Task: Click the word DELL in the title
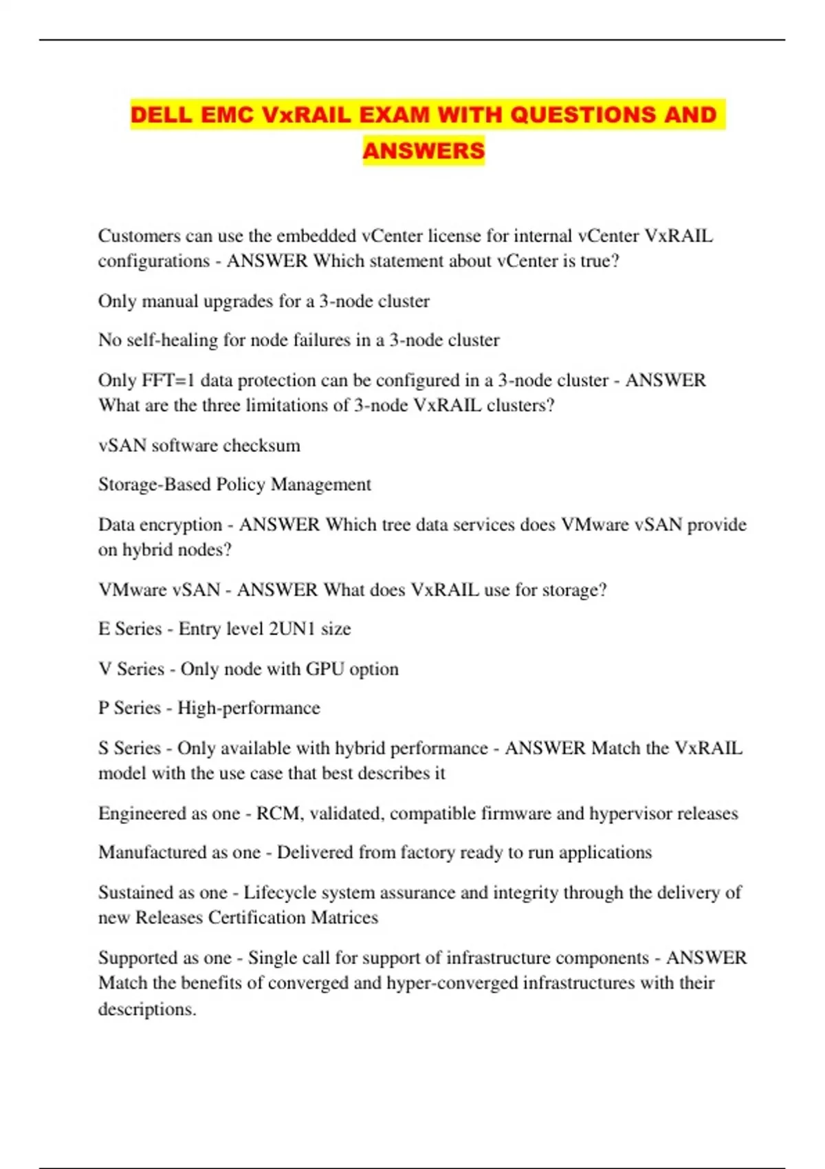(159, 114)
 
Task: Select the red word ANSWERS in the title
(423, 151)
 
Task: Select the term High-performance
(249, 708)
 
